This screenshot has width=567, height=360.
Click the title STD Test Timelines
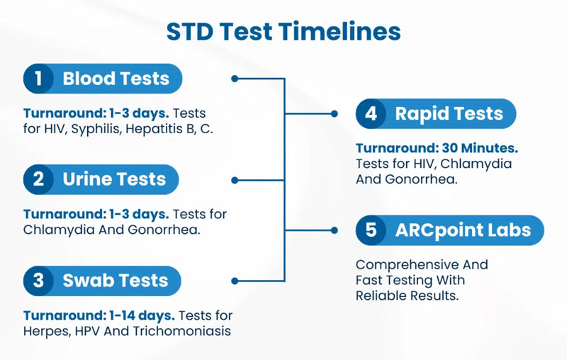point(283,31)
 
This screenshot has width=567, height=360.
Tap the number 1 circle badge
point(39,78)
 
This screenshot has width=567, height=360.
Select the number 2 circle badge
point(39,179)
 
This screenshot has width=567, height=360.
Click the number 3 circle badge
point(39,281)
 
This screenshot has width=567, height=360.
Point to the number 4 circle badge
point(371,113)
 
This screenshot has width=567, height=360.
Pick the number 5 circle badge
point(371,230)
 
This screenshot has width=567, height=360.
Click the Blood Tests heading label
point(116,78)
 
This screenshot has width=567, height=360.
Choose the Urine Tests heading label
point(113,179)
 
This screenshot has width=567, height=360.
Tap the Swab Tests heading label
point(115,281)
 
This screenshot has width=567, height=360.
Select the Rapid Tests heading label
point(449,113)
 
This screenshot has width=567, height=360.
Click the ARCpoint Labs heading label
point(462,230)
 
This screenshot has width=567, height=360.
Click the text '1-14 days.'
point(142,315)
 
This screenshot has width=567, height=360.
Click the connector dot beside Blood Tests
point(235,79)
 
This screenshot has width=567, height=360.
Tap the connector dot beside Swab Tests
point(235,281)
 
